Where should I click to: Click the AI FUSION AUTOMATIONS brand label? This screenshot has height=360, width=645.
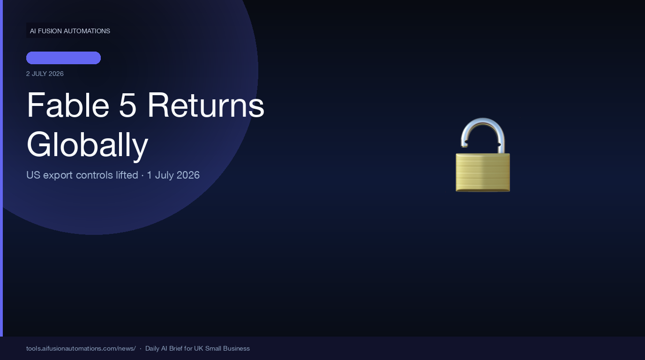(70, 31)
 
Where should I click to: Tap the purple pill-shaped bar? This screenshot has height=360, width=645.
(63, 58)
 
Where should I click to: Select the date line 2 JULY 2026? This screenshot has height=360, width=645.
(45, 74)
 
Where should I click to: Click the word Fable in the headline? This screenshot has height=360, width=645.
(68, 105)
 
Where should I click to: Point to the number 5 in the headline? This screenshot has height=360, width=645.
(127, 105)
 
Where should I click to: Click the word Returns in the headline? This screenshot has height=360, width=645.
(206, 105)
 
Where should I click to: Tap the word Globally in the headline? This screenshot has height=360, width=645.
(87, 144)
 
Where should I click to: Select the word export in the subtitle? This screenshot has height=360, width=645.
(58, 175)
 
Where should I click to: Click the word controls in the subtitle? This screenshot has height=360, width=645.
(94, 175)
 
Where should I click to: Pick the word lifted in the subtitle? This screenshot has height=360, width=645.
(127, 175)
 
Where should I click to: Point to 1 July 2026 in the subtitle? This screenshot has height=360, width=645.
(173, 175)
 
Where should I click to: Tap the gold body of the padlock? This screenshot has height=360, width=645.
(483, 172)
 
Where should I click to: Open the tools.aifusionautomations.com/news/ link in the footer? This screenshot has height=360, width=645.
(81, 348)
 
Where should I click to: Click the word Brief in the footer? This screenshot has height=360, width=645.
(176, 348)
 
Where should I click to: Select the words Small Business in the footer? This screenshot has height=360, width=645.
(227, 348)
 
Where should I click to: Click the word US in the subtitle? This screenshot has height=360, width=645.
(33, 175)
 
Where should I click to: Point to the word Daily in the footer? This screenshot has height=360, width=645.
(152, 348)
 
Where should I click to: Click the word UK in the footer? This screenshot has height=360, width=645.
(198, 348)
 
